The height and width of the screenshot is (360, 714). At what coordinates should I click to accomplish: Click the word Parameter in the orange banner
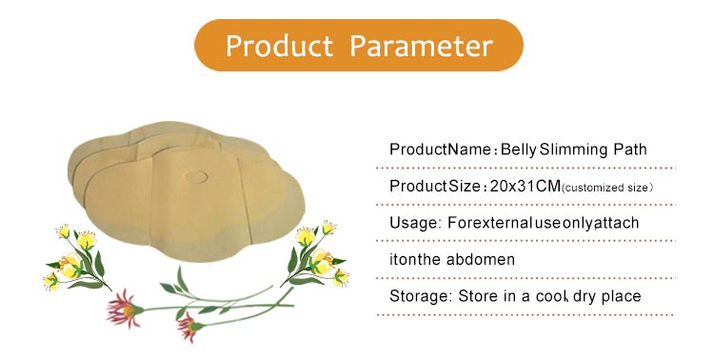point(421,46)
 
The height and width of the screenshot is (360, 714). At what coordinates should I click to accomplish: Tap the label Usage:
point(416,223)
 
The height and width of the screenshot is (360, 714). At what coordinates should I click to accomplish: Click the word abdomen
point(482,259)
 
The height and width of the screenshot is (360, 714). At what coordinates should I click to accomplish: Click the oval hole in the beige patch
point(198,176)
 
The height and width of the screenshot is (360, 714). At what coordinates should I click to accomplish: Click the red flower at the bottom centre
point(189,327)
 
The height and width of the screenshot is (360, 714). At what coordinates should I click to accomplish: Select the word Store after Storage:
point(479,296)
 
